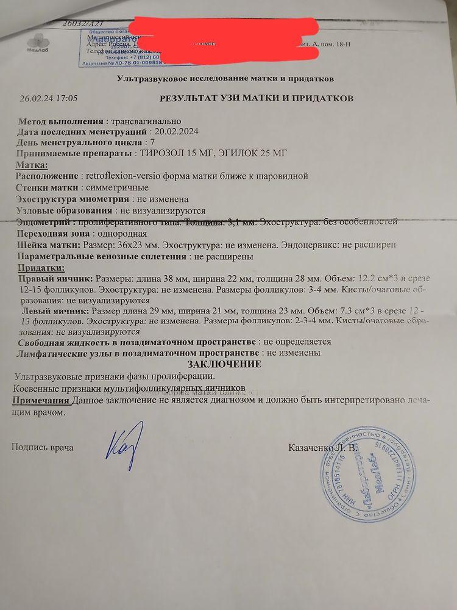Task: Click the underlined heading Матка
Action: (31, 165)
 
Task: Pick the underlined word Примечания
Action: (41, 401)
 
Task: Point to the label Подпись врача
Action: (43, 448)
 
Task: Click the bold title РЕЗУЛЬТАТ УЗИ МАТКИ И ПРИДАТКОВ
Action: (256, 98)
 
